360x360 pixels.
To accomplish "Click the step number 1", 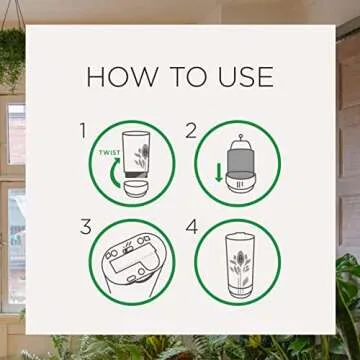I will [83, 130].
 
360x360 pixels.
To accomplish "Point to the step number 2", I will [191, 130].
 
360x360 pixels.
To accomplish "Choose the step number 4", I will [191, 226].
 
